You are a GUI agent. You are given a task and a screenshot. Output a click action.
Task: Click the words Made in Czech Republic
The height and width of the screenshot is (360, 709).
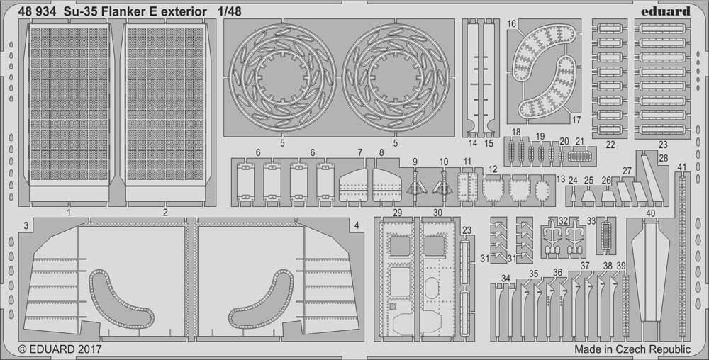click(632, 349)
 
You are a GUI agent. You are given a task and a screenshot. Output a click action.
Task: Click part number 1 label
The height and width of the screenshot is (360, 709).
click(69, 212)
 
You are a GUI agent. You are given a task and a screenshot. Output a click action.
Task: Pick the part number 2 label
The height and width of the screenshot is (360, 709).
click(165, 212)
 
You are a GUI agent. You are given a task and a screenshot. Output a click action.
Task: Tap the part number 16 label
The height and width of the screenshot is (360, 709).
click(511, 24)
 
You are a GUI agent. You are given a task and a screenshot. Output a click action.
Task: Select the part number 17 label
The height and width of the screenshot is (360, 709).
click(577, 120)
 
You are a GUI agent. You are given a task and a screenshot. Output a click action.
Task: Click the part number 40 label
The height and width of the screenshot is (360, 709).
click(651, 212)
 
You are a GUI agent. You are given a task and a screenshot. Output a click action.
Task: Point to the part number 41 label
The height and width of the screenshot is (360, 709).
click(681, 167)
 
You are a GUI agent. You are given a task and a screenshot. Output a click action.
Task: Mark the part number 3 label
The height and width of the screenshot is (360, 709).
click(25, 225)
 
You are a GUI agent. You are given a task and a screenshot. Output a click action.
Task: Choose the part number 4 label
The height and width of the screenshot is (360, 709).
click(356, 225)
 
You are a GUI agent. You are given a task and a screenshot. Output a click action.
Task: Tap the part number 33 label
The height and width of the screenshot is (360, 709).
click(591, 221)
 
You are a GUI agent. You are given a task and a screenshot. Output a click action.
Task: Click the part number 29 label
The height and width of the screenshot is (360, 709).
click(398, 213)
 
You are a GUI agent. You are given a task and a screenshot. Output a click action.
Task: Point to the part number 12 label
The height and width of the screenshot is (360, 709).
click(493, 169)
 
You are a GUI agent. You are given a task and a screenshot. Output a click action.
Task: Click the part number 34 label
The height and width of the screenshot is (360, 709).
click(506, 278)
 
